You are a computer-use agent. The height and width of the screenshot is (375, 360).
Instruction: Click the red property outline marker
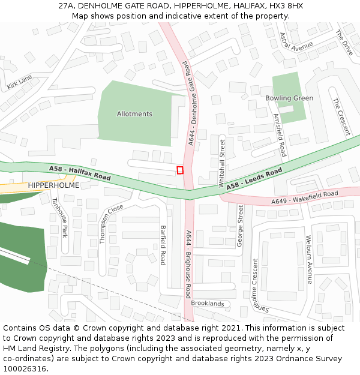pyautogui.click(x=180, y=170)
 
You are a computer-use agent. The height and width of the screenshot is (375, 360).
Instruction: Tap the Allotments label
pyautogui.click(x=134, y=114)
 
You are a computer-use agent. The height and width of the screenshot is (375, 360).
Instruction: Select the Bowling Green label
pyautogui.click(x=289, y=98)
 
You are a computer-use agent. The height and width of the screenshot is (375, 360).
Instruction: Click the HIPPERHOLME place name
pyautogui.click(x=53, y=186)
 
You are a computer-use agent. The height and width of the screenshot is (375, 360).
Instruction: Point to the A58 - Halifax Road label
pyautogui.click(x=80, y=174)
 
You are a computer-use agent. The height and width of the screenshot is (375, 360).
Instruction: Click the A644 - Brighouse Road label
pyautogui.click(x=188, y=264)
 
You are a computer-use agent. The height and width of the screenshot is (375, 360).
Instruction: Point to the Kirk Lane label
pyautogui.click(x=19, y=83)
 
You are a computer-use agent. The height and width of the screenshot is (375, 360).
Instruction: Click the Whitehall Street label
pyautogui.click(x=222, y=163)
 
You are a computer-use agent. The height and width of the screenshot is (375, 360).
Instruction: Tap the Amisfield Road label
pyautogui.click(x=280, y=135)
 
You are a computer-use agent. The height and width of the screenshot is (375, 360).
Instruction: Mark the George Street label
pyautogui.click(x=239, y=226)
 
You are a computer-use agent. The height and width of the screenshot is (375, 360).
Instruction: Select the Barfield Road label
pyautogui.click(x=163, y=245)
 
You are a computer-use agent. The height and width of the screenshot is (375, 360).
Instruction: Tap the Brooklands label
pyautogui.click(x=207, y=304)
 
